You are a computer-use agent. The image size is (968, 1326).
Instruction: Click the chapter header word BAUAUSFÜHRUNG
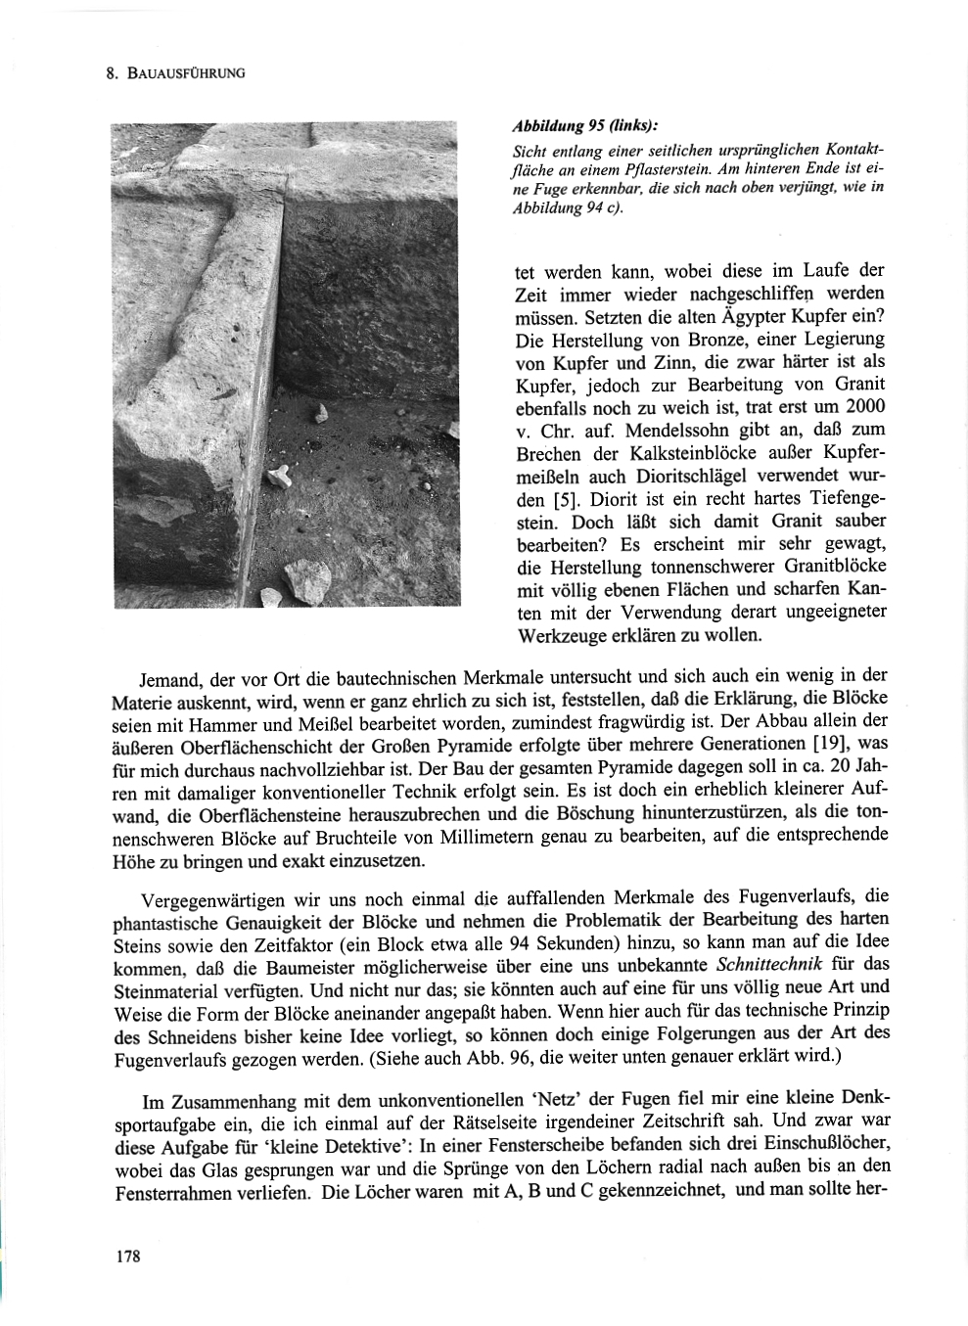tap(186, 72)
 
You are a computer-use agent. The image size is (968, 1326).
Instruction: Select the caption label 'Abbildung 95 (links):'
tap(585, 127)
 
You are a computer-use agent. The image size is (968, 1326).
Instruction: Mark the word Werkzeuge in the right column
tap(557, 635)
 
